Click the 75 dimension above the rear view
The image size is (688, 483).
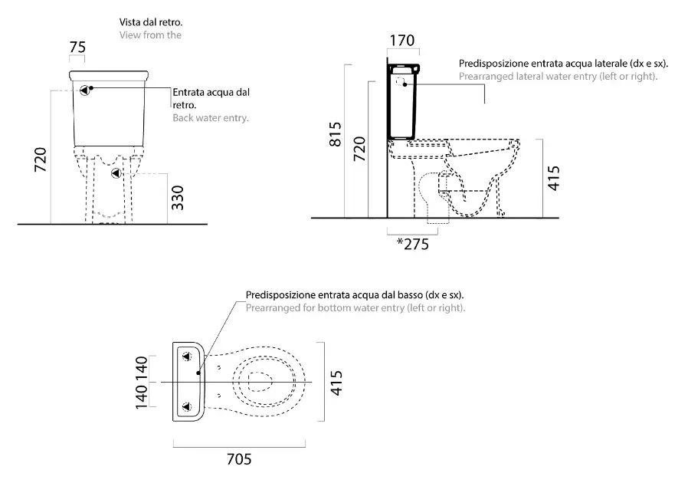click(77, 47)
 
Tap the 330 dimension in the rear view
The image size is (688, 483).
click(177, 198)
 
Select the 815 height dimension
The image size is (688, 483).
click(335, 134)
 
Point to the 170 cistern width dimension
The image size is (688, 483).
click(402, 41)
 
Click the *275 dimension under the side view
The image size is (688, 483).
click(412, 244)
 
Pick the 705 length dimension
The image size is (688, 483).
click(239, 459)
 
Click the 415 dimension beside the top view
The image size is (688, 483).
click(336, 383)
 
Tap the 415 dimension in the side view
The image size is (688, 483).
click(554, 178)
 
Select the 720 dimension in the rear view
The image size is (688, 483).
click(41, 159)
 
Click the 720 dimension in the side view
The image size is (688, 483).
click(359, 149)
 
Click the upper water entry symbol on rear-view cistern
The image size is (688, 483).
click(85, 90)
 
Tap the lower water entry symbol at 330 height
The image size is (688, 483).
click(116, 173)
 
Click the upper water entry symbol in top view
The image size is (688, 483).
click(187, 356)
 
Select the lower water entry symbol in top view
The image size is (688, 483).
click(187, 407)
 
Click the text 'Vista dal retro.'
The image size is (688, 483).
click(150, 22)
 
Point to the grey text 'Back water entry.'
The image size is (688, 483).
click(211, 117)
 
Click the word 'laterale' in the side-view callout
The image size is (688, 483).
click(611, 64)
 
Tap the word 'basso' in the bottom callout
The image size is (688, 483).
click(411, 294)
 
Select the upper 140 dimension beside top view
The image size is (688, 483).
click(141, 369)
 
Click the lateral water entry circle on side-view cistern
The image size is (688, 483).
click(400, 82)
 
